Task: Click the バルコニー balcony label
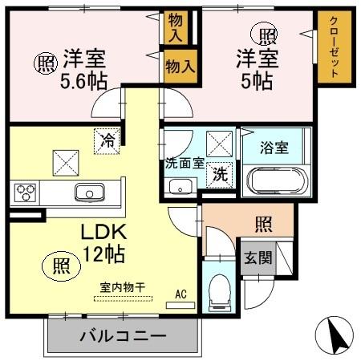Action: [x=122, y=336]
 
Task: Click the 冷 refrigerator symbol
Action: [x=107, y=140]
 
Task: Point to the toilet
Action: [x=217, y=294]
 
